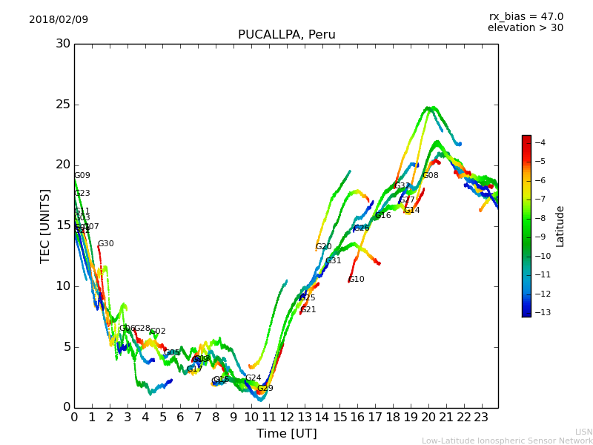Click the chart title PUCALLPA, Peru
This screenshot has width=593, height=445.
click(x=286, y=35)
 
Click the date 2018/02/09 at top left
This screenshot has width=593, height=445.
click(x=59, y=19)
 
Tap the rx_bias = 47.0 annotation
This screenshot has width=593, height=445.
click(x=526, y=16)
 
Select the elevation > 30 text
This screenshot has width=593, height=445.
click(x=525, y=28)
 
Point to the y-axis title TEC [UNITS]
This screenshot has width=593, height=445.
click(x=45, y=225)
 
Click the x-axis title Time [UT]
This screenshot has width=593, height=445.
click(x=286, y=433)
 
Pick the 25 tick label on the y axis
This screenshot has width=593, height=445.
click(x=63, y=104)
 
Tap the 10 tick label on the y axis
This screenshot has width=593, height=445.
click(x=63, y=286)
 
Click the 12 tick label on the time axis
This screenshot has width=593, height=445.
click(x=286, y=418)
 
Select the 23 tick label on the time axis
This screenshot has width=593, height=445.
click(x=480, y=418)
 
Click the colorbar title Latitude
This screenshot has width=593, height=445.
click(x=560, y=225)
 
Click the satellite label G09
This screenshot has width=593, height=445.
click(x=82, y=176)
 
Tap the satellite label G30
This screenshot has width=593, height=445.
click(x=105, y=244)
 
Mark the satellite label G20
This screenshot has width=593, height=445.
click(x=323, y=247)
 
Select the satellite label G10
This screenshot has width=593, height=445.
click(x=357, y=280)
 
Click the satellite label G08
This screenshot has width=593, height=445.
click(x=430, y=176)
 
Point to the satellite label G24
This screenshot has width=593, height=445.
click(x=253, y=378)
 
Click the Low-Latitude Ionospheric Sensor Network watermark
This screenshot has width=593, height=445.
click(x=507, y=441)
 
